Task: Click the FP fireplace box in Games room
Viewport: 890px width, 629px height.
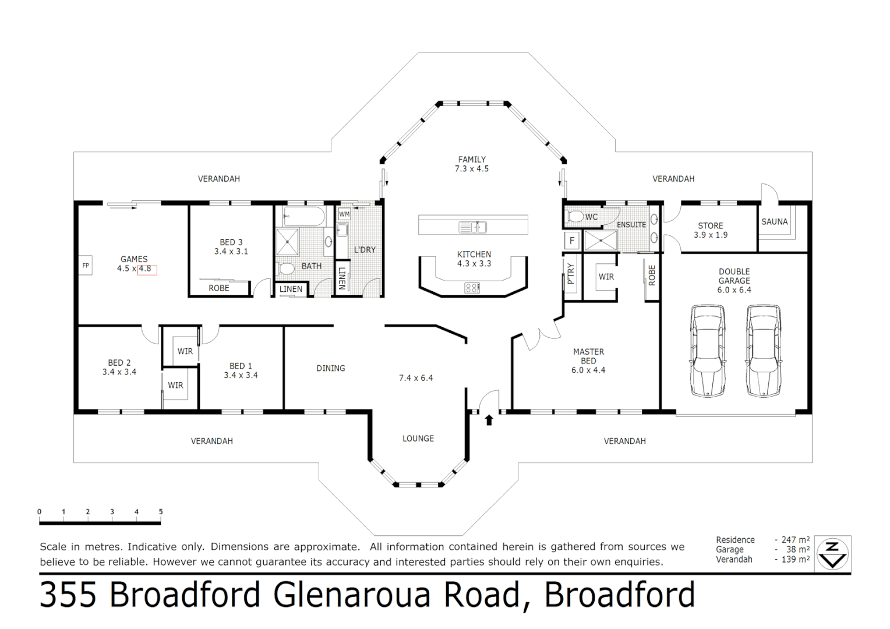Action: pos(86,265)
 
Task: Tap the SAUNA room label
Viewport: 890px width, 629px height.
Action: pos(774,222)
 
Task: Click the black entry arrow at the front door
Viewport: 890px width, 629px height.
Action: pos(489,419)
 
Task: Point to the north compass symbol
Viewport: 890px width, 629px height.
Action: pos(833,553)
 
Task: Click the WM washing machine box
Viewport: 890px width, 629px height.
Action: pos(344,214)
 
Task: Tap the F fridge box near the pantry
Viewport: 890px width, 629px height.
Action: pos(572,240)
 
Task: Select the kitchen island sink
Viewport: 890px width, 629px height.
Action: pos(472,227)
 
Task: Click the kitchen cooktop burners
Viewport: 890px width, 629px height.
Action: pos(472,287)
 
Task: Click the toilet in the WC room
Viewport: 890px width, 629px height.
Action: pos(576,217)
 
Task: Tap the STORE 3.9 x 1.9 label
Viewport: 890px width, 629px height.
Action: pos(710,230)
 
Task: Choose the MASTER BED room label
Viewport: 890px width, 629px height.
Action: pos(588,356)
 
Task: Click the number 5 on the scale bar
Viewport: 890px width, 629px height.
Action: pos(161,512)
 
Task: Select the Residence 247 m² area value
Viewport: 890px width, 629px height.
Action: pos(796,540)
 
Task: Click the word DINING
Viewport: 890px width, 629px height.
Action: pos(331,368)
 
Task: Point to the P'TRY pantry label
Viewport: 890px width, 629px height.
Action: pos(571,273)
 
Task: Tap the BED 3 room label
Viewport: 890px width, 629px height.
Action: pos(231,242)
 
